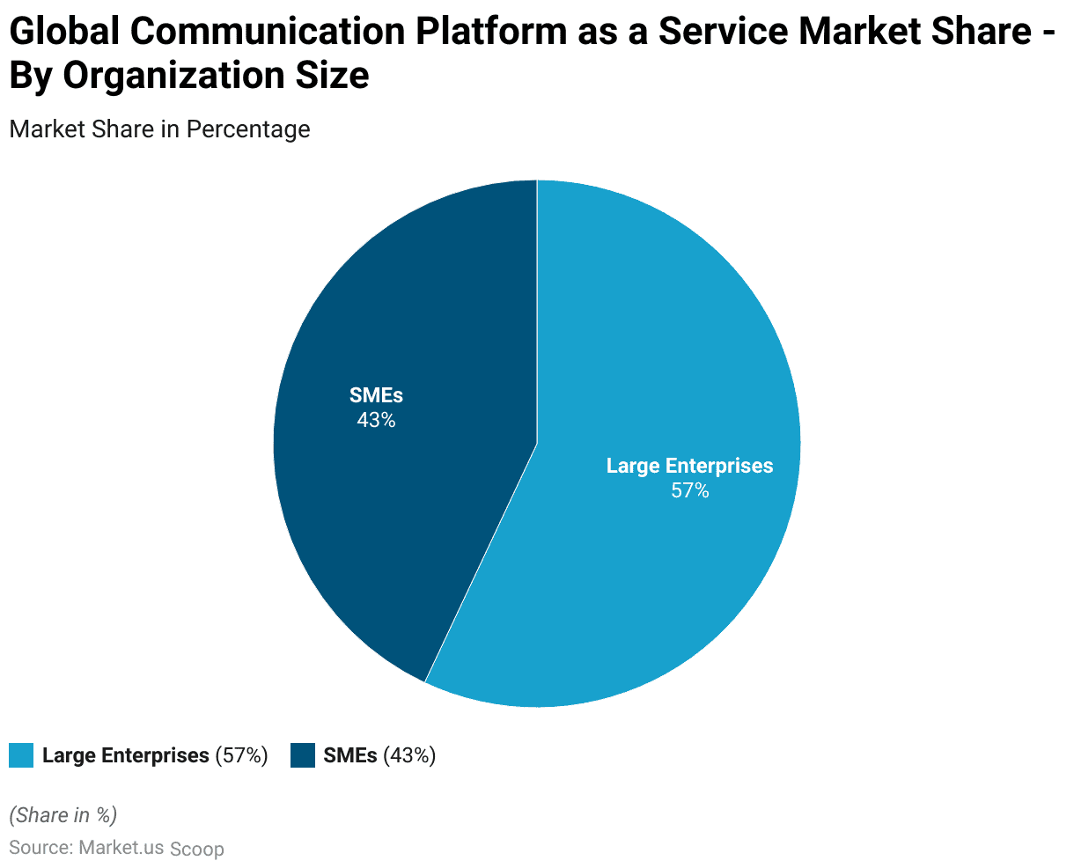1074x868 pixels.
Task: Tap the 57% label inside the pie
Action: [x=689, y=491]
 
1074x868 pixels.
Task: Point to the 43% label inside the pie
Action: [x=376, y=421]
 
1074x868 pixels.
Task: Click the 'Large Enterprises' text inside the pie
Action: [x=689, y=466]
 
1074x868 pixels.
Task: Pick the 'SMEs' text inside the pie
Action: [x=376, y=395]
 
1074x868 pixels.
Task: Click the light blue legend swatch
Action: [x=21, y=755]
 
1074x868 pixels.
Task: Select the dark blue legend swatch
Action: [x=302, y=755]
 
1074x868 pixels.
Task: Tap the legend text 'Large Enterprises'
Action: [x=125, y=755]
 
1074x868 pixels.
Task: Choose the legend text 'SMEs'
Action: [x=350, y=755]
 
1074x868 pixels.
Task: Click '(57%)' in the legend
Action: [x=241, y=755]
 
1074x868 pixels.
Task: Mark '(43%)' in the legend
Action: [x=409, y=755]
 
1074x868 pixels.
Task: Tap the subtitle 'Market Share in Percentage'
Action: [x=159, y=129]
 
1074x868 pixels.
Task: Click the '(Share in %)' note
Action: [x=63, y=815]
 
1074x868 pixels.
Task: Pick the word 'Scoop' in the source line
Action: [x=197, y=850]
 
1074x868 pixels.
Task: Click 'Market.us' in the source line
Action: [x=121, y=848]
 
